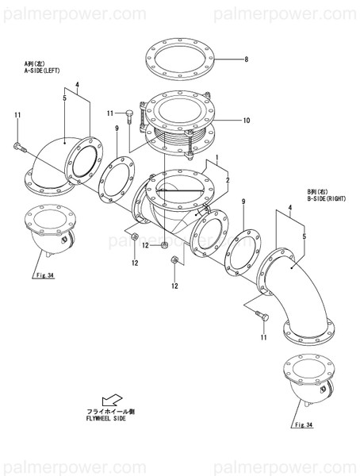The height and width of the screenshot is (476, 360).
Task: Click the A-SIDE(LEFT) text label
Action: pos(40,68)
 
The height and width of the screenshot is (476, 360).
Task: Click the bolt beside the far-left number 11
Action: pos(21,147)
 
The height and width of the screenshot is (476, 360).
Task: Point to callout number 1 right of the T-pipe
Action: pos(216,159)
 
